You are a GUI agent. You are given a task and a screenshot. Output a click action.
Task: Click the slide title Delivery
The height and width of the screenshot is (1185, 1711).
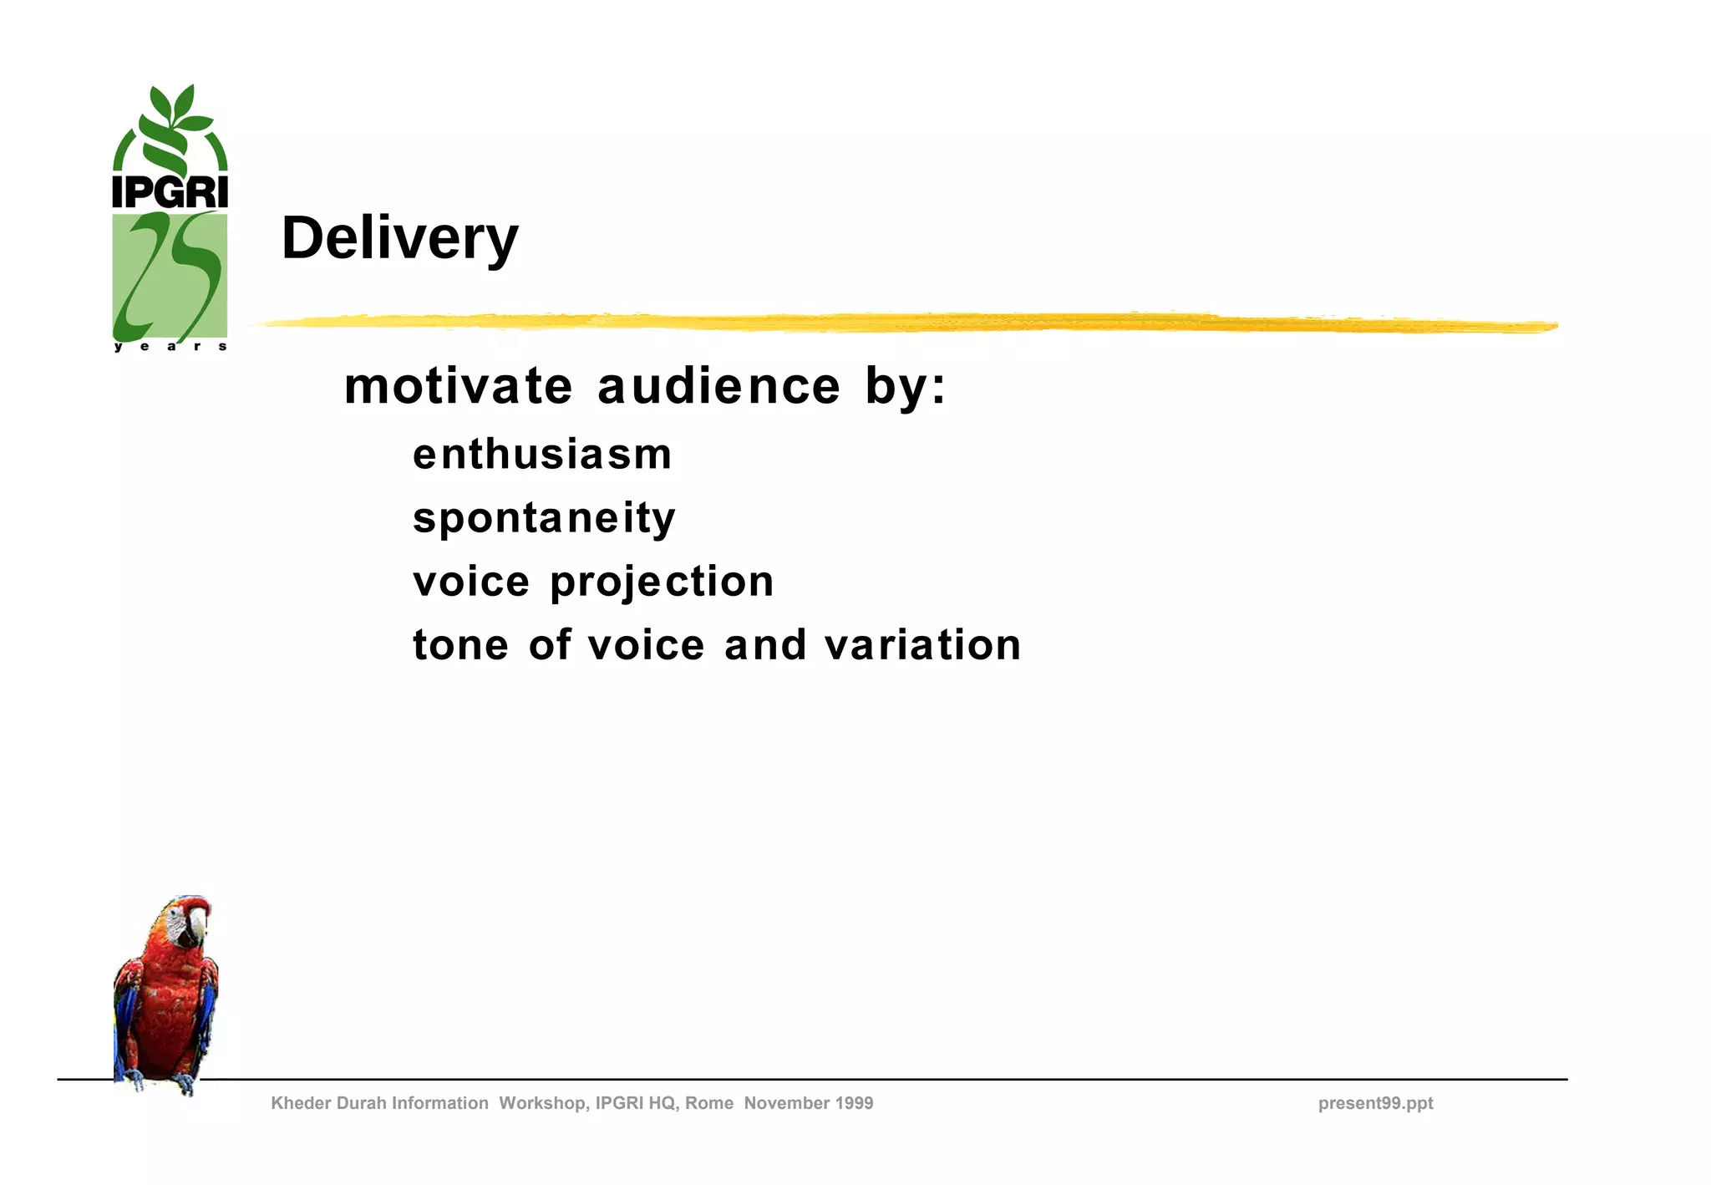point(399,239)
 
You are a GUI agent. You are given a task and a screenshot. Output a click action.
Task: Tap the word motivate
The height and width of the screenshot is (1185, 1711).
point(458,387)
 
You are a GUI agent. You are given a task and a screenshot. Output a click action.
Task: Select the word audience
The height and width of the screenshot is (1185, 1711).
point(718,387)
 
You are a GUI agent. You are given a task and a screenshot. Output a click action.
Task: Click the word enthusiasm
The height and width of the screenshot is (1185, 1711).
point(542,455)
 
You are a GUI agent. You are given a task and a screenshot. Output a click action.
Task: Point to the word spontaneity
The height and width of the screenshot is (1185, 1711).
point(544,518)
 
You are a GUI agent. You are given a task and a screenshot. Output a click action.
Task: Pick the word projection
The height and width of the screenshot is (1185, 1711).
point(662,582)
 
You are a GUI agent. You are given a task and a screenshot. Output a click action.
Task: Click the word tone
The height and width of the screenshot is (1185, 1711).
point(460,645)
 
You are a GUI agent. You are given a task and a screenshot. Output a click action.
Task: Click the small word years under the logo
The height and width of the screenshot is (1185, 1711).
point(170,346)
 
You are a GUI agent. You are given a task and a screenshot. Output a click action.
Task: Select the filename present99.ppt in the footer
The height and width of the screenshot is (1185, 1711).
point(1375,1103)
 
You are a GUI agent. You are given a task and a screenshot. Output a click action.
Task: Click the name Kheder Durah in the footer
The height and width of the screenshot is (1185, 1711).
point(329,1103)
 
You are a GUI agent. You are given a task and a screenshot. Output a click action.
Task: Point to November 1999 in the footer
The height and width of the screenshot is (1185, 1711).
point(808,1103)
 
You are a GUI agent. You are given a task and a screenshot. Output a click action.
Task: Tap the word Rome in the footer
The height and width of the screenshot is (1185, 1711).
point(708,1103)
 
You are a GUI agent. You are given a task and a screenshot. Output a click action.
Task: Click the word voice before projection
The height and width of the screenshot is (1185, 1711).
point(471,582)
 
